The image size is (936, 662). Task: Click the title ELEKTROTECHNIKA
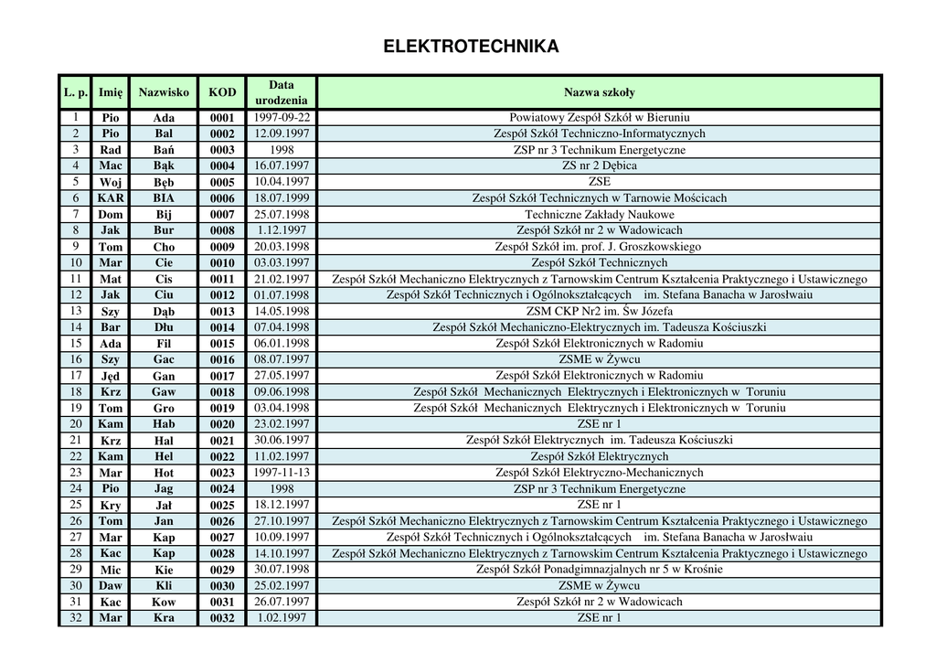471,47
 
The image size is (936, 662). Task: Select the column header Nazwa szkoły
599,92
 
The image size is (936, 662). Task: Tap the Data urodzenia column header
282,92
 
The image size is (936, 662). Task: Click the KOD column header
222,92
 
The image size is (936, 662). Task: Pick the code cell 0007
222,215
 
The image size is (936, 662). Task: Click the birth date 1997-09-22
282,117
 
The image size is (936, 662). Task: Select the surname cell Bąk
164,166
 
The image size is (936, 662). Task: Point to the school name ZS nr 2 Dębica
599,165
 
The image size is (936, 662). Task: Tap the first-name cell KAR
111,198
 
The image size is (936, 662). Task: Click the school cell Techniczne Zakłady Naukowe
599,214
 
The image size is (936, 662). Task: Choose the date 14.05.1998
282,311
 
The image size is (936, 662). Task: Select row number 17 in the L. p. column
76,375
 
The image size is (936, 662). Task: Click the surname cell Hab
164,424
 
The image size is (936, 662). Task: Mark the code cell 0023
222,474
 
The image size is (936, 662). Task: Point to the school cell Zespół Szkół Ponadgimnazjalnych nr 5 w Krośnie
599,569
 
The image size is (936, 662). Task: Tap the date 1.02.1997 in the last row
282,617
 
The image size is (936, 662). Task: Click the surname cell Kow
164,603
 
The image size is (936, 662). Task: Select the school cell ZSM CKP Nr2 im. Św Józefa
599,311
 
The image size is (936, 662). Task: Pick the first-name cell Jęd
111,376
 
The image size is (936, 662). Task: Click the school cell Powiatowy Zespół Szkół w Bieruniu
599,117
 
